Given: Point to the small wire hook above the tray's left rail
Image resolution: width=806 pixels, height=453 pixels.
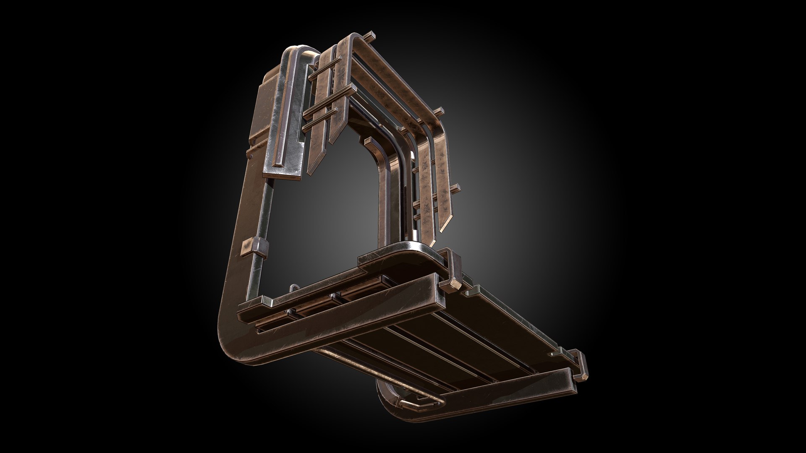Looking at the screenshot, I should (293, 289).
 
